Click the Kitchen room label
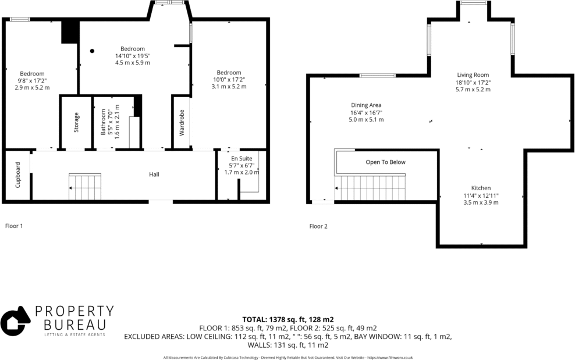(x=481, y=188)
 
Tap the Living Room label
(x=472, y=74)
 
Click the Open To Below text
(x=385, y=162)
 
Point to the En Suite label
(x=242, y=158)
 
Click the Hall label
(x=154, y=174)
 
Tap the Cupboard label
(x=18, y=174)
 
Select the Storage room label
(x=77, y=123)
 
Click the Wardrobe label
(x=182, y=123)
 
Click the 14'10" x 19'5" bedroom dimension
(x=133, y=55)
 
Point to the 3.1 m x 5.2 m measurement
(x=228, y=87)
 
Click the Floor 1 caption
(x=14, y=226)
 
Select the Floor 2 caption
(x=318, y=226)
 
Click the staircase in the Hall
(x=85, y=186)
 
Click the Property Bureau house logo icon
(x=15, y=321)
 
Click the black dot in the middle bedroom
(x=92, y=51)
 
